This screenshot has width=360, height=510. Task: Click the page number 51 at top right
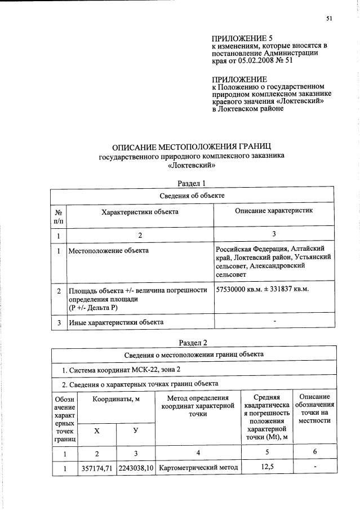click(330, 19)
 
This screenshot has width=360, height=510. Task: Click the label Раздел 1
click(192, 183)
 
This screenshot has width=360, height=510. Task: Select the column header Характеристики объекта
click(140, 212)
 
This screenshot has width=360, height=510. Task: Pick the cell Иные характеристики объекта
click(116, 322)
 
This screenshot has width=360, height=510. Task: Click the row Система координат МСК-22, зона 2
click(121, 370)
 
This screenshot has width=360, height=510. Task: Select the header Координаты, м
click(115, 399)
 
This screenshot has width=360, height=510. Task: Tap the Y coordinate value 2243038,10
click(135, 468)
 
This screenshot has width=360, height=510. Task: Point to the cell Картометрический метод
click(196, 468)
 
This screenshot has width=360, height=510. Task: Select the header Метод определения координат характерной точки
click(196, 406)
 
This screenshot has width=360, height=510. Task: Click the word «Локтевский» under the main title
click(192, 166)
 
